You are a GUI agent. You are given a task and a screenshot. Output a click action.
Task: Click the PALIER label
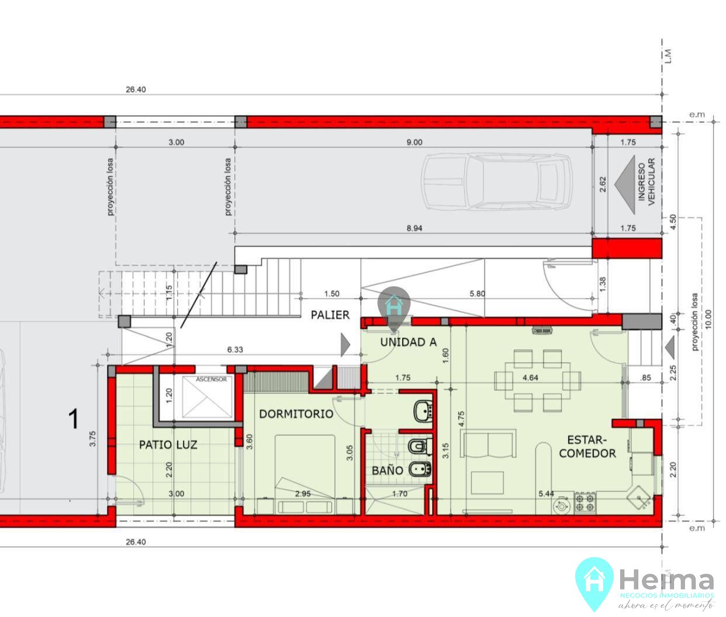(330, 315)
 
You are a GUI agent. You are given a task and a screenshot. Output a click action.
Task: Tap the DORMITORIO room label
(296, 414)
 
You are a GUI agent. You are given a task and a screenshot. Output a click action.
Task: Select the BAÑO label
(388, 470)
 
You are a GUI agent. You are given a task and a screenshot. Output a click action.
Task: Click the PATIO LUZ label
(168, 445)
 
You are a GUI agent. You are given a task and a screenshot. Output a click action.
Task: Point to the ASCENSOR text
(211, 379)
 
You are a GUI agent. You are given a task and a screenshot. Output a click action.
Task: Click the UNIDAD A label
(408, 342)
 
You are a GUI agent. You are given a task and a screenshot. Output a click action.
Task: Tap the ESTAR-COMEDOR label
(587, 446)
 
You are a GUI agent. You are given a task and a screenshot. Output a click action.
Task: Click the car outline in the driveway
(497, 182)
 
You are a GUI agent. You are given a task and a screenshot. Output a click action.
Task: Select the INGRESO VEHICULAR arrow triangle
(625, 185)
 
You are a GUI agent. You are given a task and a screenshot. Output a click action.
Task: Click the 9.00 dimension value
(414, 142)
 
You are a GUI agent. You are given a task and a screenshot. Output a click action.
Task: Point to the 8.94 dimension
(414, 228)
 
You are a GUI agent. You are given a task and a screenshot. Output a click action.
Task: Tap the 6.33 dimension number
(235, 350)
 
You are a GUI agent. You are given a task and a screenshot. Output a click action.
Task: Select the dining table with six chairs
(537, 381)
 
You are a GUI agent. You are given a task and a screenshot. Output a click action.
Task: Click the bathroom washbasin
(424, 411)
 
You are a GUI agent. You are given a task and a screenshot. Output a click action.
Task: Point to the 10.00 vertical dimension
(708, 319)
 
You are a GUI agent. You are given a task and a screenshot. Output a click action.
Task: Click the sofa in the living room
(488, 443)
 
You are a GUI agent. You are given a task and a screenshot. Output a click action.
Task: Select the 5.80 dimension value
(477, 293)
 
